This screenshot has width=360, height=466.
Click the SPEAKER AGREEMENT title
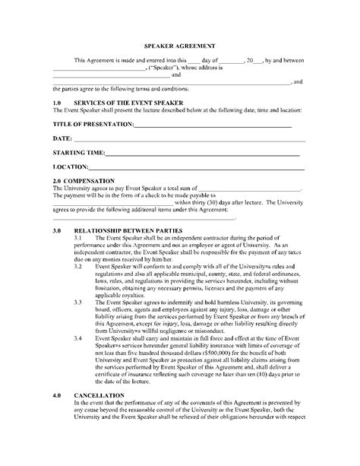(x=179, y=44)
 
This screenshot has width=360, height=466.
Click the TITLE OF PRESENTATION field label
(x=93, y=123)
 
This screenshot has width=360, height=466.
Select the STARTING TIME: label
(x=79, y=153)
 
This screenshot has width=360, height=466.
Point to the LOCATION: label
(x=71, y=166)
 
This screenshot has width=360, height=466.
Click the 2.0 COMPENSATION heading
(x=84, y=181)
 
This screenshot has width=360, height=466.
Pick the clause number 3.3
(x=78, y=303)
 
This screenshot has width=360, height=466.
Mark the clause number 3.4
(x=78, y=338)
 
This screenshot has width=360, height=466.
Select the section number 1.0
(x=57, y=102)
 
